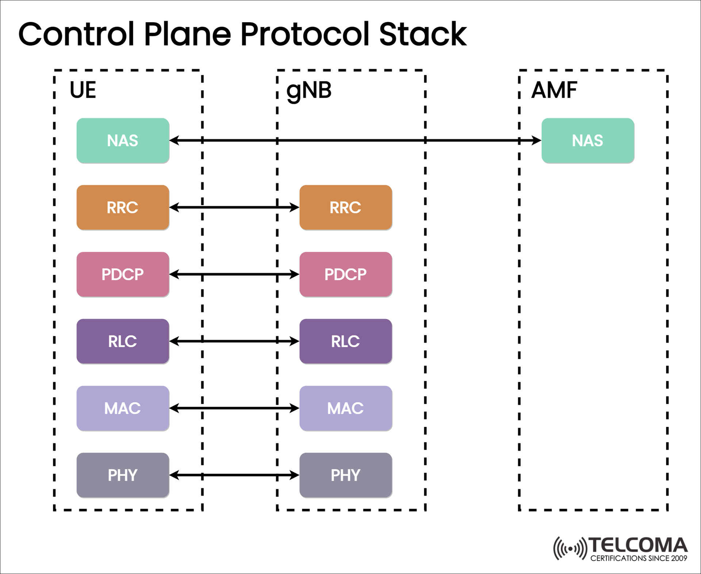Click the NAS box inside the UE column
coord(123,141)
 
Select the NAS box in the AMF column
coord(587,141)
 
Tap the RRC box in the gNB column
coord(345,208)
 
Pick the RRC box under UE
coord(123,208)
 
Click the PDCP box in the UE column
coord(123,274)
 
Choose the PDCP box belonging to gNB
coord(345,274)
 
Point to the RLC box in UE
coord(123,341)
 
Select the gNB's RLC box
coord(345,341)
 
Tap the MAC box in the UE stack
coord(123,408)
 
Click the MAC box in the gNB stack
coord(345,408)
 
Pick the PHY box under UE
coord(123,475)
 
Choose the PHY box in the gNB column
coord(345,475)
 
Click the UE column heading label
coord(83,90)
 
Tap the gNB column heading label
coord(309,91)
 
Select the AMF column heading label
coord(554,90)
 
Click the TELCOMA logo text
coord(638,545)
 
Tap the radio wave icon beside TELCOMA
coord(570,548)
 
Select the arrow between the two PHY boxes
coord(234,475)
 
